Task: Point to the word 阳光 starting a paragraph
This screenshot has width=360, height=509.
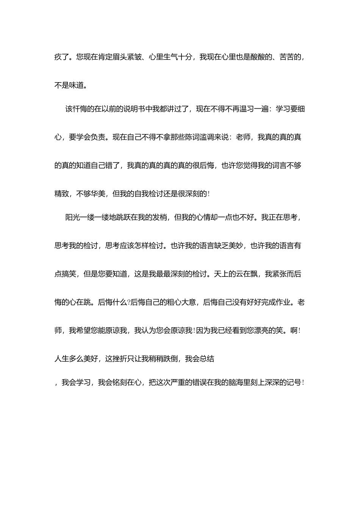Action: point(72,217)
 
